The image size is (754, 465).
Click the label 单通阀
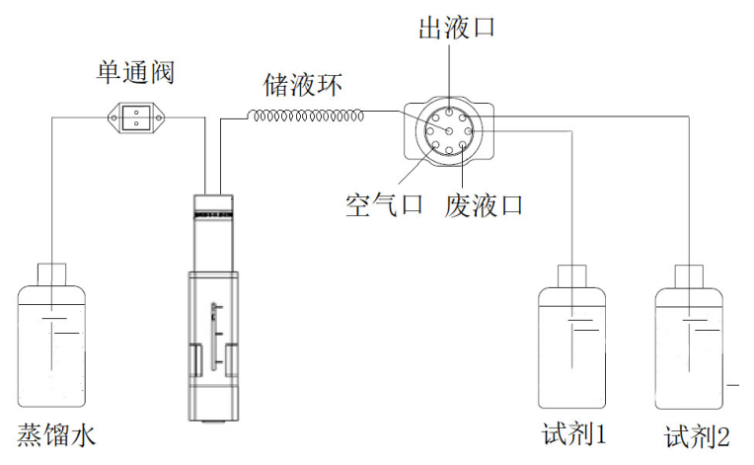(x=135, y=72)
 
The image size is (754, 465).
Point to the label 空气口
(x=383, y=205)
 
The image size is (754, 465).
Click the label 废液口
(x=485, y=205)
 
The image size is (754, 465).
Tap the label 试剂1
(x=572, y=434)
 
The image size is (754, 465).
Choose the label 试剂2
(x=697, y=434)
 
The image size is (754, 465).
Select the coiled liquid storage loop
(x=306, y=116)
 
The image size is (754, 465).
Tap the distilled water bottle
(x=54, y=346)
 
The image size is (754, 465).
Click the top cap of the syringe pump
(x=214, y=206)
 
